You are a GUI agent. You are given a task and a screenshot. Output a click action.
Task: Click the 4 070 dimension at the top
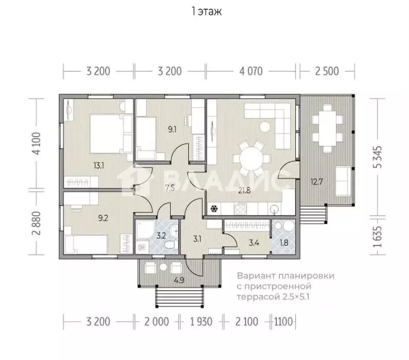click(251, 71)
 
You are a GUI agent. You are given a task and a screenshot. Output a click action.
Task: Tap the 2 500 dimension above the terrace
click(327, 71)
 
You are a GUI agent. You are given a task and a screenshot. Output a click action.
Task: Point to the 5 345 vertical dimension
click(378, 157)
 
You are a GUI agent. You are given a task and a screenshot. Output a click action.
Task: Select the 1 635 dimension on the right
click(378, 236)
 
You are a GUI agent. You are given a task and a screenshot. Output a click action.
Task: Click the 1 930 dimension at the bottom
click(201, 321)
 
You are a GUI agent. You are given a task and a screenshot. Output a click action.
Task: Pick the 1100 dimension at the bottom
click(283, 321)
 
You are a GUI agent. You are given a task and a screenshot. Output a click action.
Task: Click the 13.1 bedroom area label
click(99, 165)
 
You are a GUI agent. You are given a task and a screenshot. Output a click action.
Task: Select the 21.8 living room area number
click(244, 191)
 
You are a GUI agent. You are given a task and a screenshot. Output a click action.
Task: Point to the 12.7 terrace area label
click(317, 181)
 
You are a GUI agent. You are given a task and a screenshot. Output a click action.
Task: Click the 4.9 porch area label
click(179, 280)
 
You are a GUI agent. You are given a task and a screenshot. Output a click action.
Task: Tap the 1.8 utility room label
click(284, 243)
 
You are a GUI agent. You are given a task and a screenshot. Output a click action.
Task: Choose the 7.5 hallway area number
click(170, 187)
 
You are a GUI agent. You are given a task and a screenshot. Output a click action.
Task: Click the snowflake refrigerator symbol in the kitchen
click(214, 209)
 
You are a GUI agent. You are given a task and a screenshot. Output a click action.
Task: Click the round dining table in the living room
click(251, 159)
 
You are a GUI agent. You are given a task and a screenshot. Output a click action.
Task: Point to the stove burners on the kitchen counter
click(240, 209)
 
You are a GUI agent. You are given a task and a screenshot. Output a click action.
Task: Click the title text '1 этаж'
click(207, 11)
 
